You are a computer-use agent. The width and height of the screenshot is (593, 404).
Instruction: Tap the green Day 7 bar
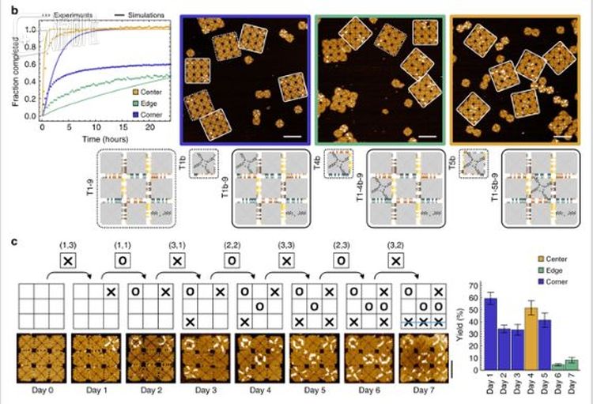572,365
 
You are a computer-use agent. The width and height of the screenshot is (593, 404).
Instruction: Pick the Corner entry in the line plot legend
142,114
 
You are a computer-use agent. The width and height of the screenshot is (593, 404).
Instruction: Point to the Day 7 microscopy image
424,361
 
